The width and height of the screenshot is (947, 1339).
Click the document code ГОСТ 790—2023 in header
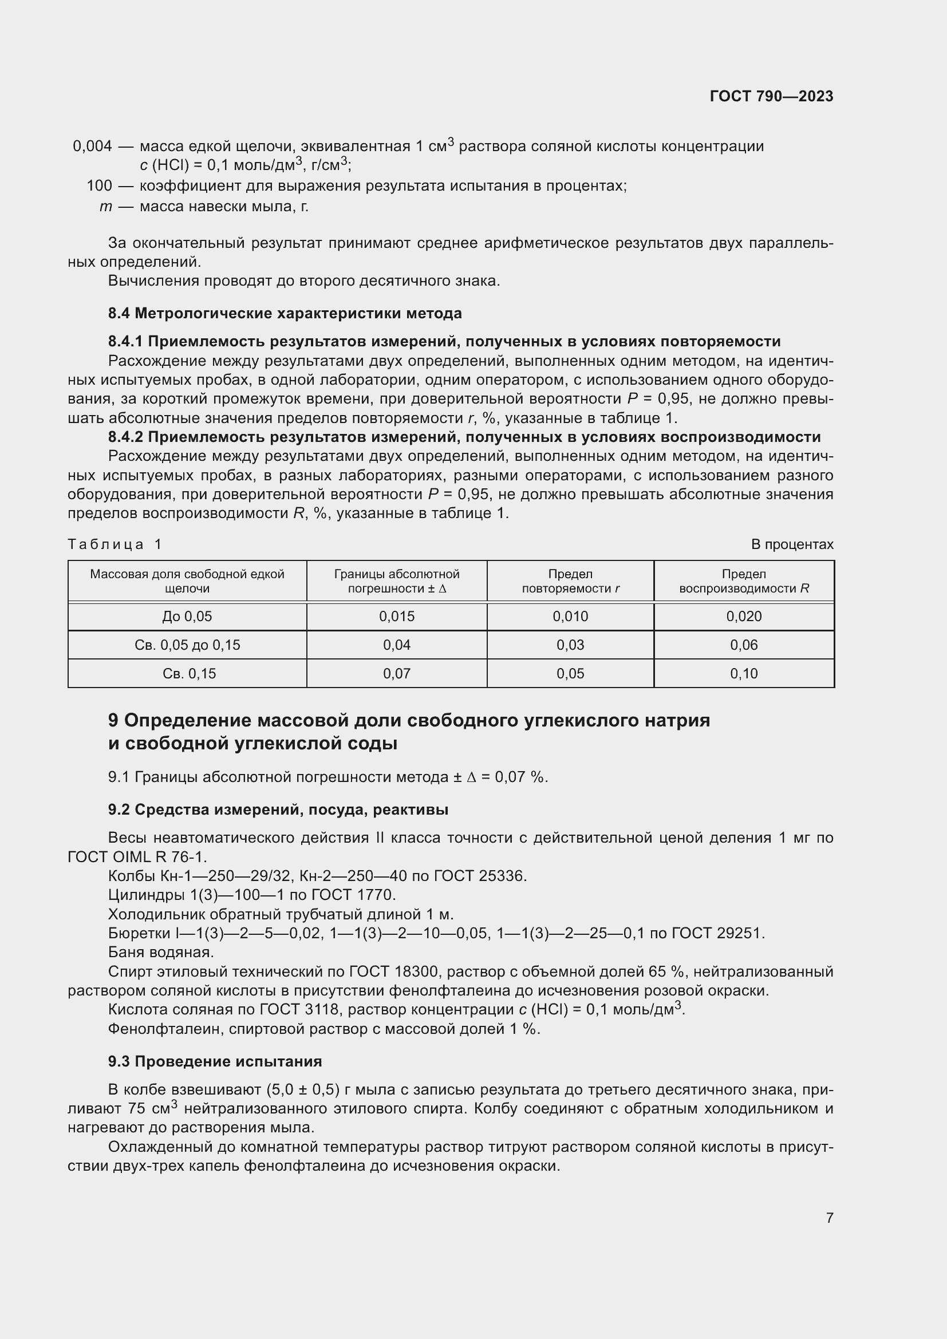[771, 96]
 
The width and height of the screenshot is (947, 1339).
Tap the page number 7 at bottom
[829, 1218]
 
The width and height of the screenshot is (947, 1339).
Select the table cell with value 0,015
[397, 617]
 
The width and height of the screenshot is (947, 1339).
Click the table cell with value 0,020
[744, 617]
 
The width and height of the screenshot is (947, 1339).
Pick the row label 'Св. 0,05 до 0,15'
[187, 645]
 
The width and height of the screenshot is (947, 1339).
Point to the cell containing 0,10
[744, 674]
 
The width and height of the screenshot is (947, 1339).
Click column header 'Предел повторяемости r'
[570, 581]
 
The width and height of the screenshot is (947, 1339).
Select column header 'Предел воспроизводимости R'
[744, 581]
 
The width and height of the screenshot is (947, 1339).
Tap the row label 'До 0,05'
[187, 617]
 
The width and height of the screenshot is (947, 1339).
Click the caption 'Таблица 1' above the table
[115, 544]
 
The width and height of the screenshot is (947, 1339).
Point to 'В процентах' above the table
[792, 544]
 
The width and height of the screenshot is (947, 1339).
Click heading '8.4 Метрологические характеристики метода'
[285, 313]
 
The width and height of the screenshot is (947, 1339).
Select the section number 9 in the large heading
[113, 721]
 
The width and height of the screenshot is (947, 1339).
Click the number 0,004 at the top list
[92, 146]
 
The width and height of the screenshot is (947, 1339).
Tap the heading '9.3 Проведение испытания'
[215, 1061]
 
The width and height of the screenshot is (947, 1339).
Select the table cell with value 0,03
[570, 645]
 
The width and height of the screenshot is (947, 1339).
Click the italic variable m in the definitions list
[105, 207]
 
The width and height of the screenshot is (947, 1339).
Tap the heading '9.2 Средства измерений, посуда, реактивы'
[278, 809]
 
